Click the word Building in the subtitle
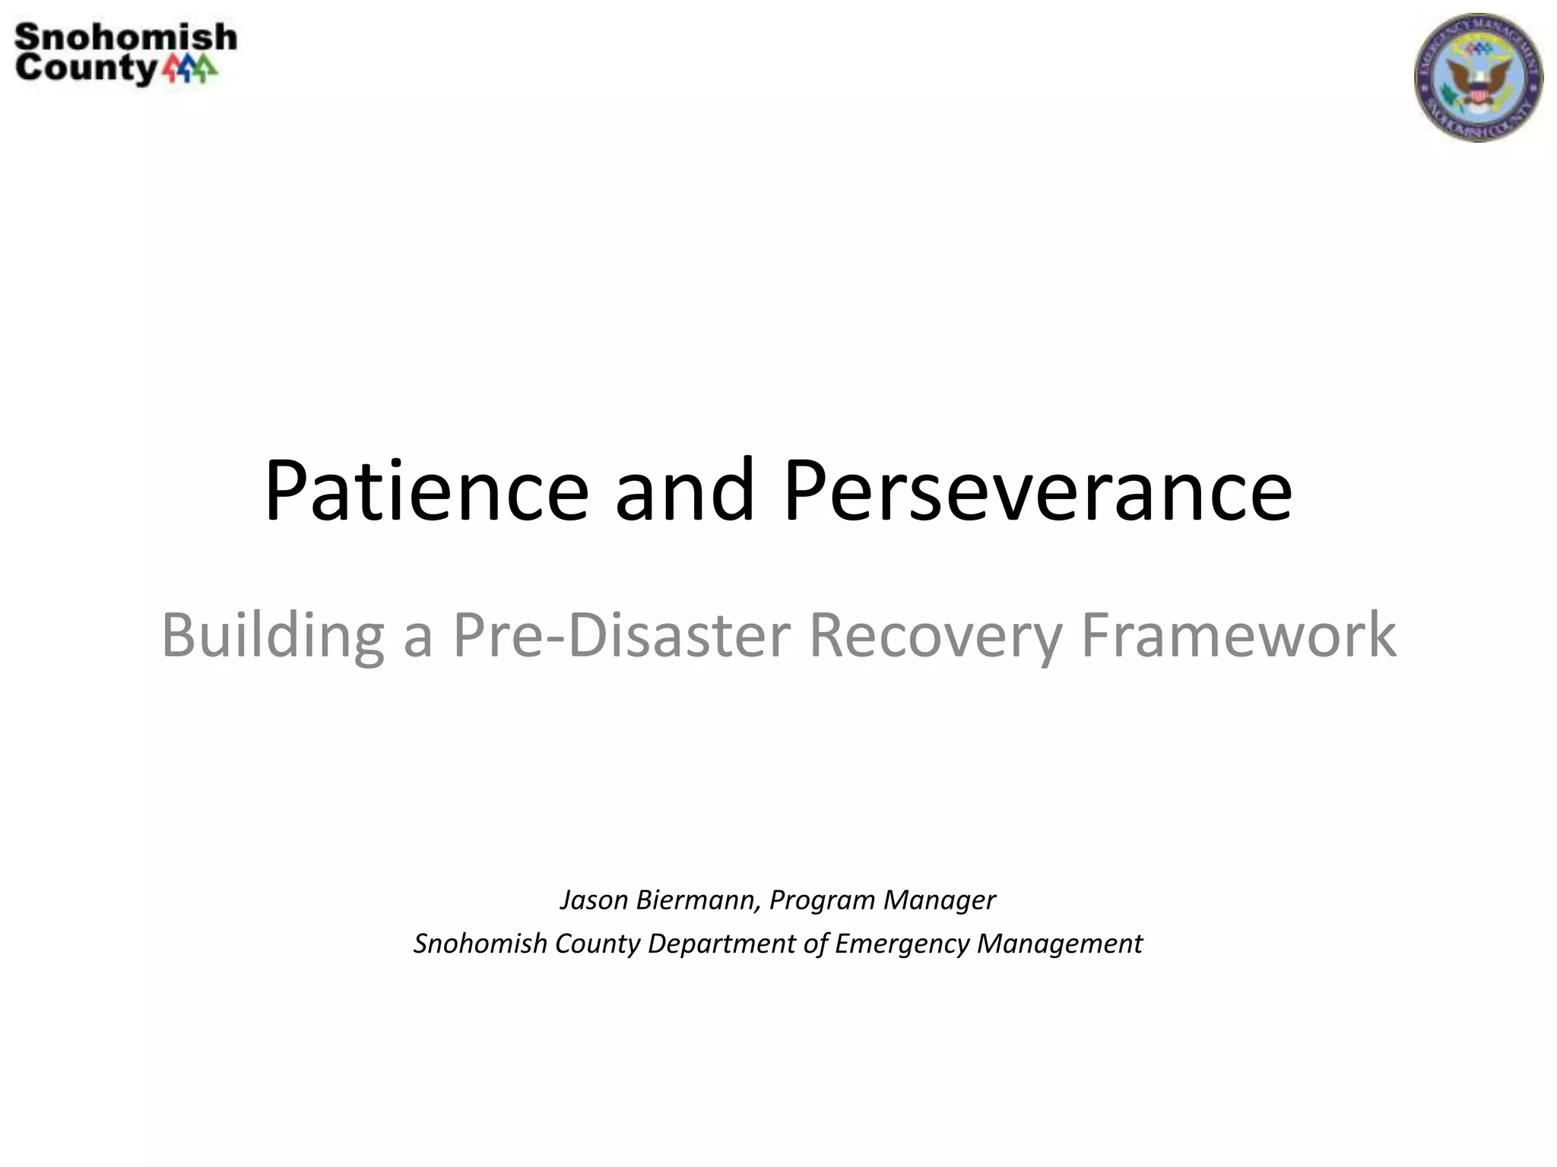[x=272, y=635]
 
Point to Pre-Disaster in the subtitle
[x=622, y=635]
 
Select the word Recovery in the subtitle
[x=935, y=635]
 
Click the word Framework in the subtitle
[x=1238, y=635]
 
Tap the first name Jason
[x=594, y=900]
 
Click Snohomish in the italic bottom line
[x=480, y=944]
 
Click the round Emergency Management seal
[x=1478, y=77]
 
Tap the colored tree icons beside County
[x=190, y=69]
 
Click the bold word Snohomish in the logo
[x=125, y=37]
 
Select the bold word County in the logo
[x=85, y=68]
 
